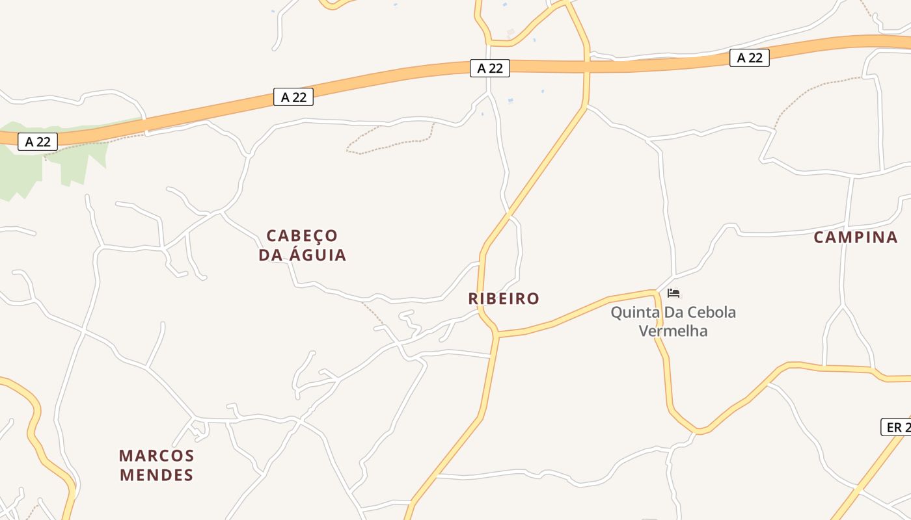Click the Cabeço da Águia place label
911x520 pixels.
tap(303, 245)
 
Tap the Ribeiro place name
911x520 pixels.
tap(504, 299)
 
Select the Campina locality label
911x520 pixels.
tap(855, 237)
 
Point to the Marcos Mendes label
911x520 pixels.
tap(157, 465)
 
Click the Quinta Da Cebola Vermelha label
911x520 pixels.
tap(673, 321)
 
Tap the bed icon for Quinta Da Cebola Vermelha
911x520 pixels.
tap(673, 293)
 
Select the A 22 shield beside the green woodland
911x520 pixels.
tap(38, 142)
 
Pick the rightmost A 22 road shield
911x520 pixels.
tap(749, 58)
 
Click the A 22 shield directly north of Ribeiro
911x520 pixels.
tap(489, 68)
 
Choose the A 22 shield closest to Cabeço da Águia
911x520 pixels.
tap(293, 97)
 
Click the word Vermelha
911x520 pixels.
tap(673, 331)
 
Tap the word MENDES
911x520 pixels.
tap(157, 475)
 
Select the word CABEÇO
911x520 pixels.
tap(303, 235)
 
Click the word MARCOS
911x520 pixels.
tap(157, 455)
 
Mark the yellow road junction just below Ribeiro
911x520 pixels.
tap(496, 334)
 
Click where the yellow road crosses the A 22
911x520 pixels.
tap(587, 65)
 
